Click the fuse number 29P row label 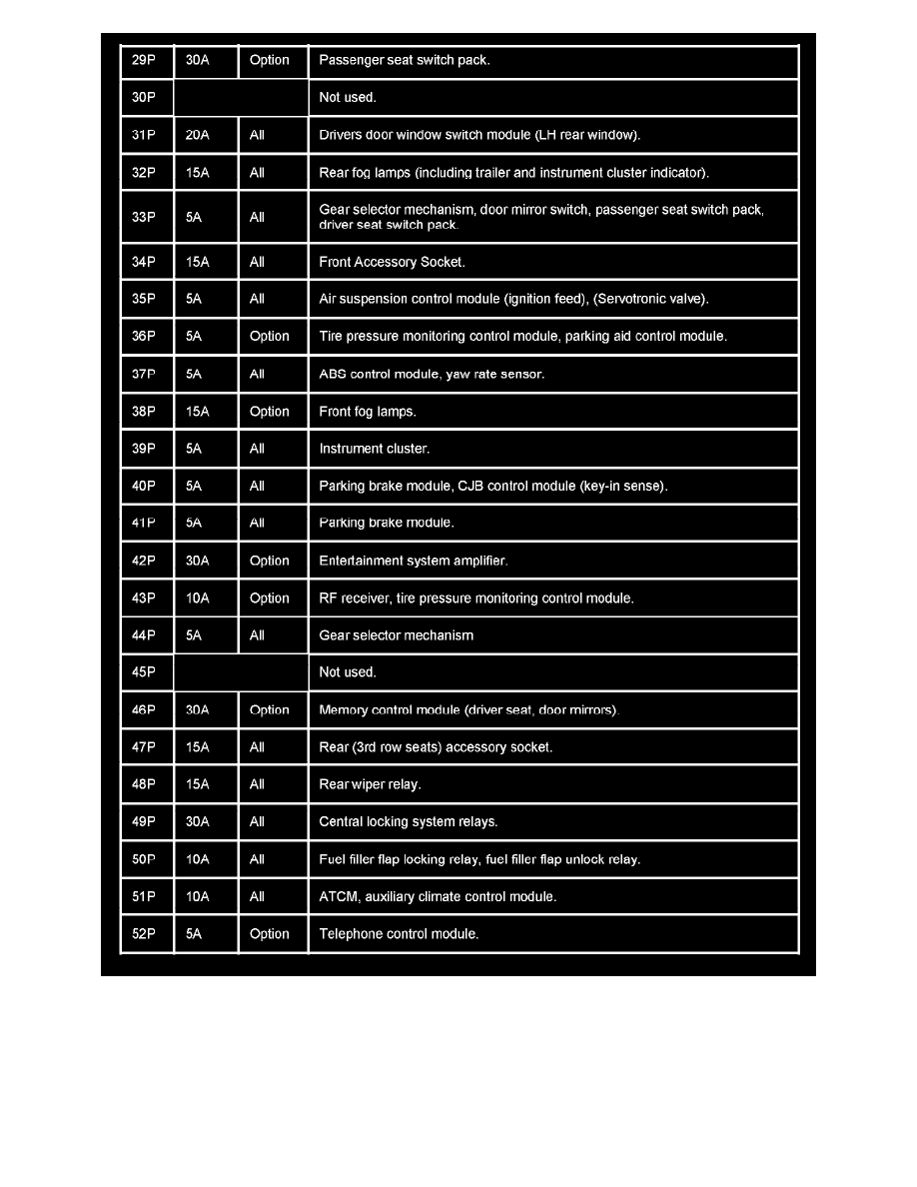pos(144,60)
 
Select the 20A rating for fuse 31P pos(198,135)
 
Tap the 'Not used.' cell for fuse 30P pos(347,98)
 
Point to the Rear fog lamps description pos(513,173)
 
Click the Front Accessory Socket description pos(392,262)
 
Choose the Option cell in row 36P pos(269,337)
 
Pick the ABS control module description pos(432,375)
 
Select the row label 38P pos(144,412)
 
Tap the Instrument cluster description pos(374,449)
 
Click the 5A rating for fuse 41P pos(194,523)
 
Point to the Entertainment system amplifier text pos(413,561)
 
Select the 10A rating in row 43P pos(198,598)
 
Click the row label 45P pos(144,672)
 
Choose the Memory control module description pos(468,710)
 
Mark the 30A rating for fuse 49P pos(198,822)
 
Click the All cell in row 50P pos(257,859)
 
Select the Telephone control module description pos(399,934)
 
